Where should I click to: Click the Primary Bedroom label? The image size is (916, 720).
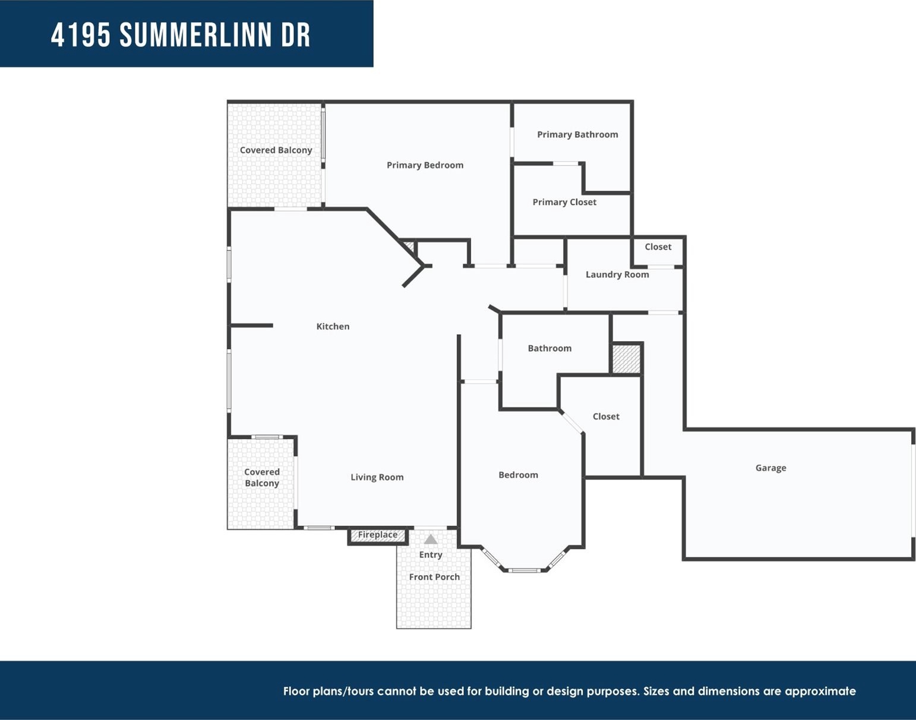[x=425, y=165]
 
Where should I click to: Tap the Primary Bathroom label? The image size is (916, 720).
[x=577, y=134]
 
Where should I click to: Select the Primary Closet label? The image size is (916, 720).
[x=564, y=202]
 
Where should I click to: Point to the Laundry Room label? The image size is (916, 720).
[x=617, y=274]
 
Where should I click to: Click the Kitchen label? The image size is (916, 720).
[x=333, y=326]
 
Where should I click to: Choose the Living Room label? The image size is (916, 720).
[x=377, y=477]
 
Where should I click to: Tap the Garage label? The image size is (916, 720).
[x=771, y=468]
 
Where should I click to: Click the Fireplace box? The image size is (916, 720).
[x=378, y=536]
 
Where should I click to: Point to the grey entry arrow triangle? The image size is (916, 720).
[x=431, y=539]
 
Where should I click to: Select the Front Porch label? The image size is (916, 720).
[x=434, y=577]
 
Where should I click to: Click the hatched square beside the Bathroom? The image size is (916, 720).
[x=627, y=359]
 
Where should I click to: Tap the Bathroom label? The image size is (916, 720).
[x=549, y=348]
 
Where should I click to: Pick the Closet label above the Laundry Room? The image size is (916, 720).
[x=658, y=247]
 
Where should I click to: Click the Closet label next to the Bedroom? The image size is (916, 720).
[x=606, y=416]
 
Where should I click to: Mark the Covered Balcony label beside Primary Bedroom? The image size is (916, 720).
[x=276, y=150]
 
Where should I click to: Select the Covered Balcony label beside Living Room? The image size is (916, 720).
[x=262, y=478]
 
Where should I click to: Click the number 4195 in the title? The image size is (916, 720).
[x=81, y=35]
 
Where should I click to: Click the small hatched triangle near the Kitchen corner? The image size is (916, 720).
[x=410, y=246]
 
